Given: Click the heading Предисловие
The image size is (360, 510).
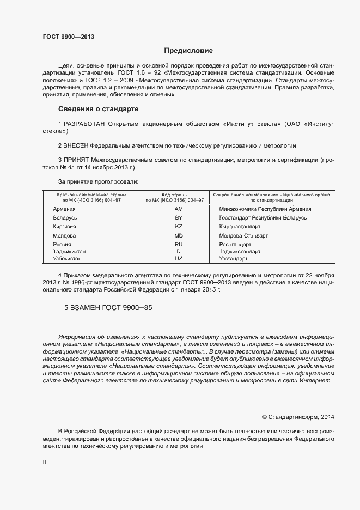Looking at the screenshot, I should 188,51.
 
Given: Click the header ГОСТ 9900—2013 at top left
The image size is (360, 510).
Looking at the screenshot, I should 68,37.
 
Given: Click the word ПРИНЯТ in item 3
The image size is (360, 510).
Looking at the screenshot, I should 76,160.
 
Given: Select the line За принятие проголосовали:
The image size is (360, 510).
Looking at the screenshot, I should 98,181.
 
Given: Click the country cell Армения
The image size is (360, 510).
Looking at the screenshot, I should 64,209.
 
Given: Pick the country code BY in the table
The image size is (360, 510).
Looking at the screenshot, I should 178,217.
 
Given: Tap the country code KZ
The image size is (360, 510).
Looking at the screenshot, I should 178,226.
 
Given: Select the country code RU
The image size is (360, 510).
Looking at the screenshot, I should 178,245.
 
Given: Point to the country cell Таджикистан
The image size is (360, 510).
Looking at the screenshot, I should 69,252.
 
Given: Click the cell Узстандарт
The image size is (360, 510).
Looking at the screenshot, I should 233,258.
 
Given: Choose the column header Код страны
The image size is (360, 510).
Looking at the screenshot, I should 174,194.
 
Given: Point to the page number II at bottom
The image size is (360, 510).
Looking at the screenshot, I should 45,462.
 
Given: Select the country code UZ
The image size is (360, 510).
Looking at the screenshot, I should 178,258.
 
